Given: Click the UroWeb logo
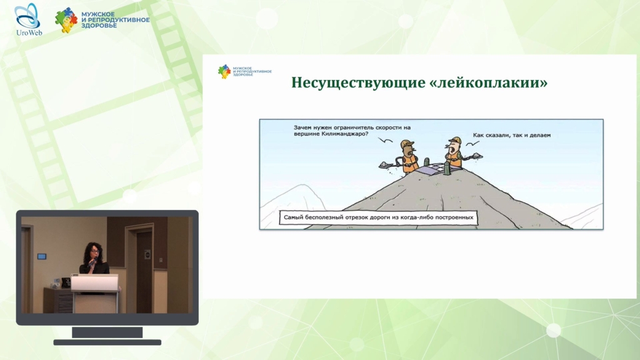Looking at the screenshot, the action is tap(28, 19).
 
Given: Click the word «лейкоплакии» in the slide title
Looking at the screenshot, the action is tap(489, 83).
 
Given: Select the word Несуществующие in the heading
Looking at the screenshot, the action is tap(358, 83).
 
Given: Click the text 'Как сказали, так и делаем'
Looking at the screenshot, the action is tap(511, 135).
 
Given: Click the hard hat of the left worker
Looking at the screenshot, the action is tap(406, 144).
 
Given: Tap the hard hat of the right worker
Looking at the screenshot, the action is tap(456, 141).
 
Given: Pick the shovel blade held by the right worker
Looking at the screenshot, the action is tap(477, 156).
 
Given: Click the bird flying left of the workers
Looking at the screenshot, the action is tap(385, 141).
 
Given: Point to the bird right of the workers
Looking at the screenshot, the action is tap(472, 144).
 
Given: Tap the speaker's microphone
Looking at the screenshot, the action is tap(93, 261).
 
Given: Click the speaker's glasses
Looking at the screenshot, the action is tap(94, 251).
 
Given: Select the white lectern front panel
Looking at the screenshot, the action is tap(95, 283).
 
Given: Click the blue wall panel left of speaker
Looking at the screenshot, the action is tap(42, 256).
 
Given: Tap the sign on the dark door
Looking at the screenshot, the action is tap(147, 255).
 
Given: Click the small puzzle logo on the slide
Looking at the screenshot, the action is tap(224, 71).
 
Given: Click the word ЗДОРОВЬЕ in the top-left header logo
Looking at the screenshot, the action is tap(99, 25).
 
